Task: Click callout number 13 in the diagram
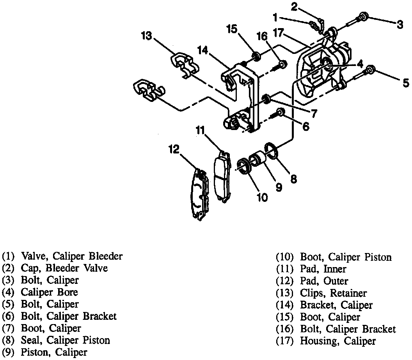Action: click(x=146, y=36)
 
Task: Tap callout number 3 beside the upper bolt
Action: click(x=400, y=25)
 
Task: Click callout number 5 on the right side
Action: click(x=406, y=83)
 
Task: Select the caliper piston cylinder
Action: click(x=258, y=160)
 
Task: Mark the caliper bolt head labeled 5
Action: click(x=371, y=70)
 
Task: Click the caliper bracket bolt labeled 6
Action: click(x=280, y=113)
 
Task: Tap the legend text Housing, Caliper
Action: click(x=337, y=341)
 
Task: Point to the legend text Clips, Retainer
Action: click(x=333, y=293)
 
